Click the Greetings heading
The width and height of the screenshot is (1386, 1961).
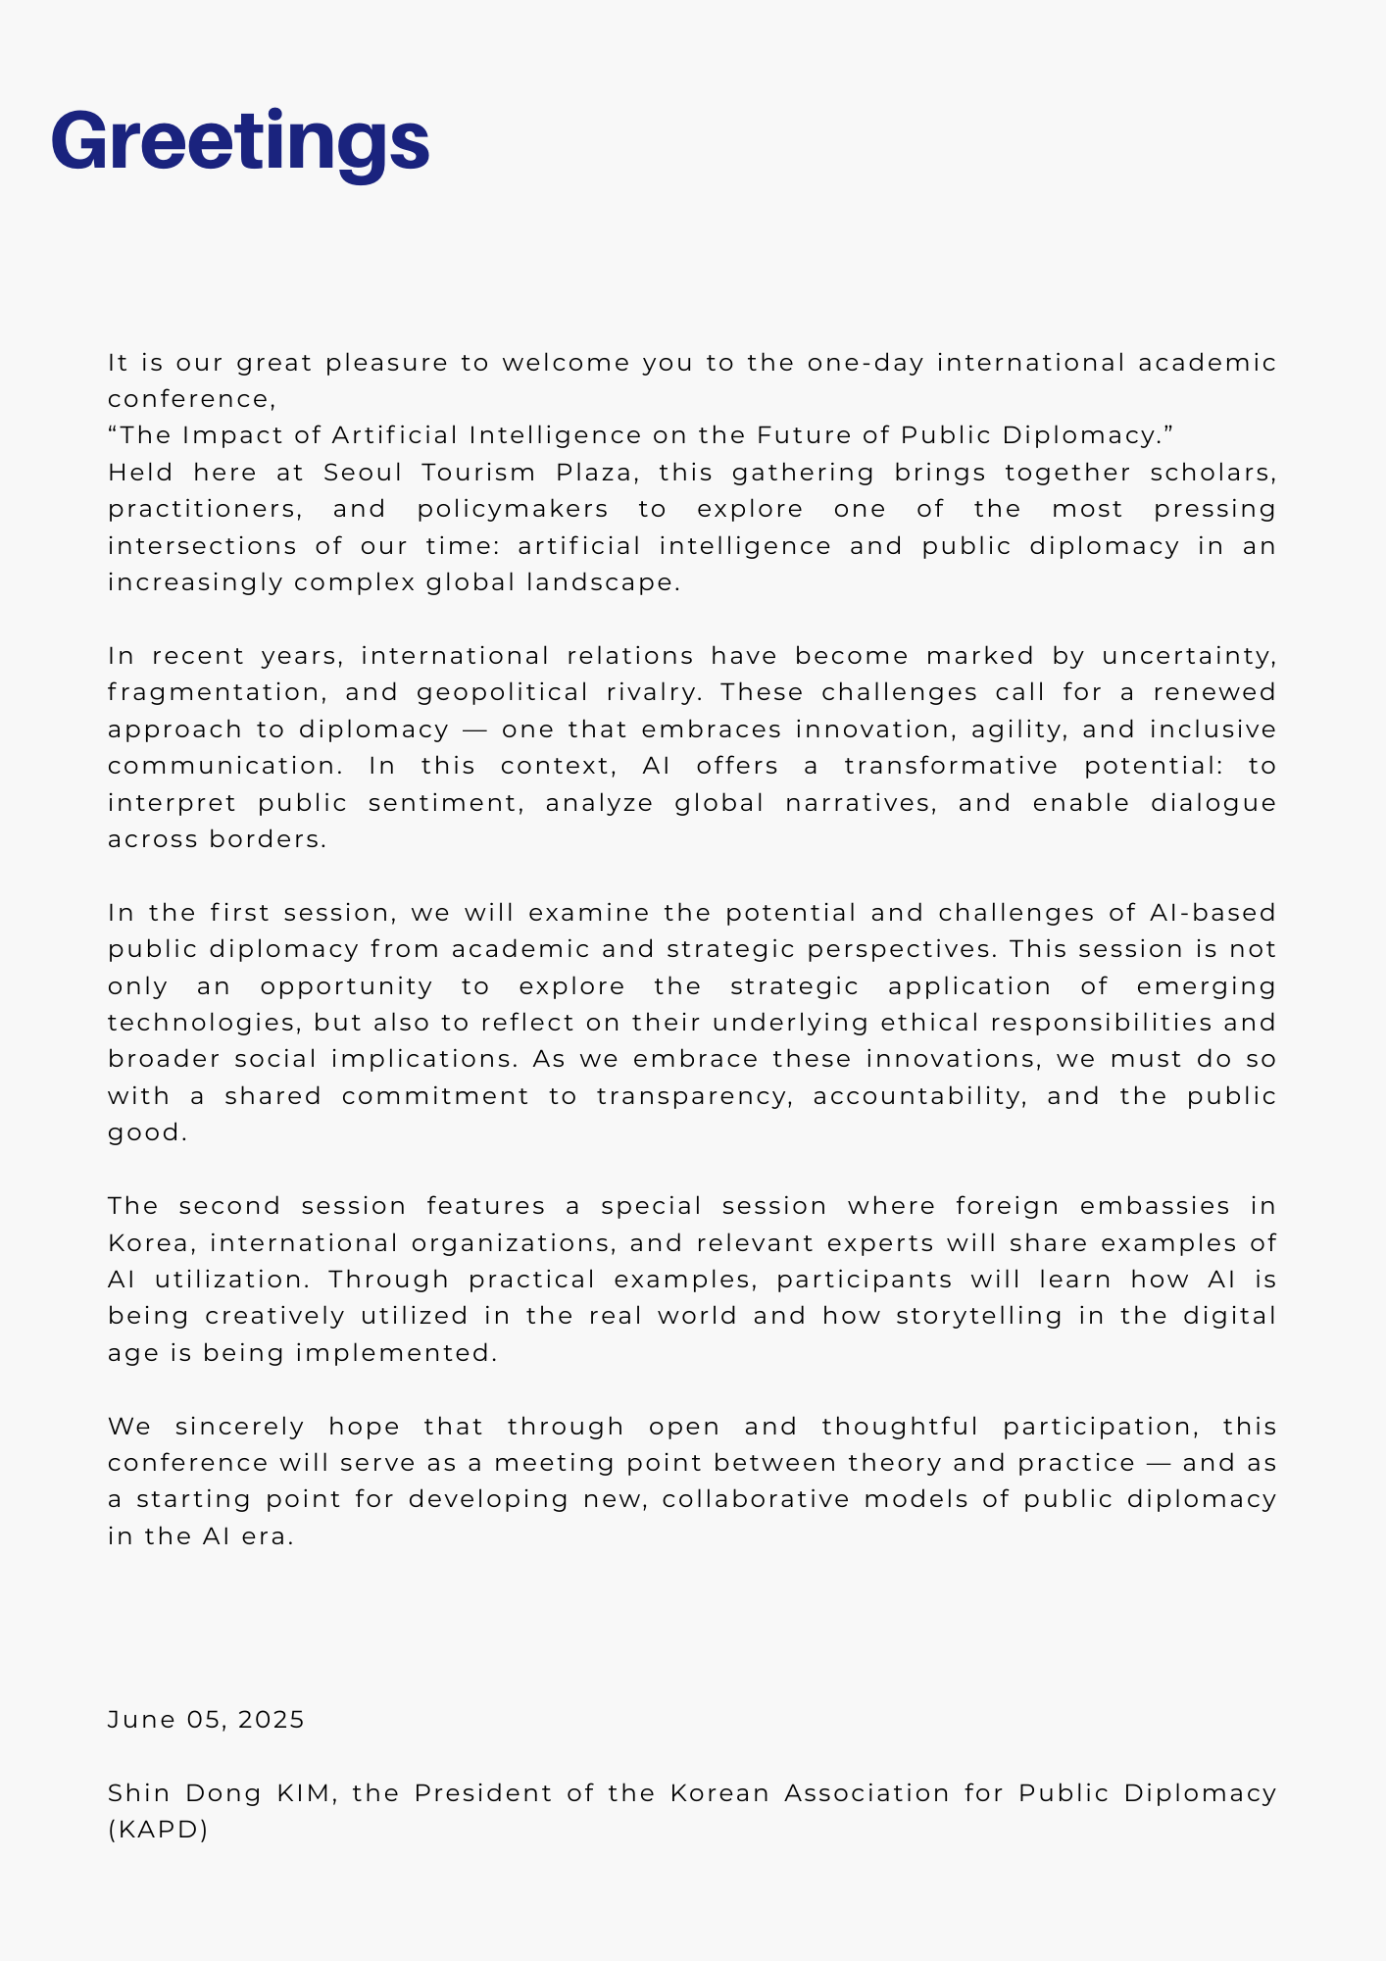(240, 141)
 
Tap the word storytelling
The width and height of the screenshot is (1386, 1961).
(979, 1316)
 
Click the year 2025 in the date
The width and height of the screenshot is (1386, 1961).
(272, 1720)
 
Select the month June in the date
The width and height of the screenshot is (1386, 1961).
(141, 1720)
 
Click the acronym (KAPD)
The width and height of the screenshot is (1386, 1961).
(158, 1830)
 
